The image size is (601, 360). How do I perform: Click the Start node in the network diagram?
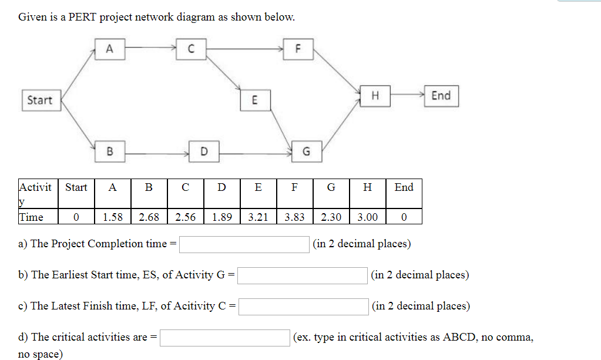[x=40, y=100]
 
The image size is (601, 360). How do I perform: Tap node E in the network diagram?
[x=254, y=100]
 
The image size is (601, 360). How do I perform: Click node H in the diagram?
[x=374, y=96]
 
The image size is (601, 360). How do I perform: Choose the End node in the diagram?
[x=441, y=96]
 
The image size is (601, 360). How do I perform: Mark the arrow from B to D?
[x=156, y=153]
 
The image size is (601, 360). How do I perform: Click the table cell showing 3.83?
[x=294, y=217]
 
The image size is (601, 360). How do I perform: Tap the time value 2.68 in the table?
[x=149, y=217]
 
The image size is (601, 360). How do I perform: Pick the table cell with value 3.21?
[x=258, y=217]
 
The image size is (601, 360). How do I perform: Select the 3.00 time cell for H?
[x=367, y=217]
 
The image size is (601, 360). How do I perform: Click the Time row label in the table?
[x=32, y=217]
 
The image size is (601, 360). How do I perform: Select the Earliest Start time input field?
[x=303, y=275]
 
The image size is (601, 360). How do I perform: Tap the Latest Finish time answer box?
[x=303, y=307]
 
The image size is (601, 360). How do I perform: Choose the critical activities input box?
[x=224, y=338]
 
